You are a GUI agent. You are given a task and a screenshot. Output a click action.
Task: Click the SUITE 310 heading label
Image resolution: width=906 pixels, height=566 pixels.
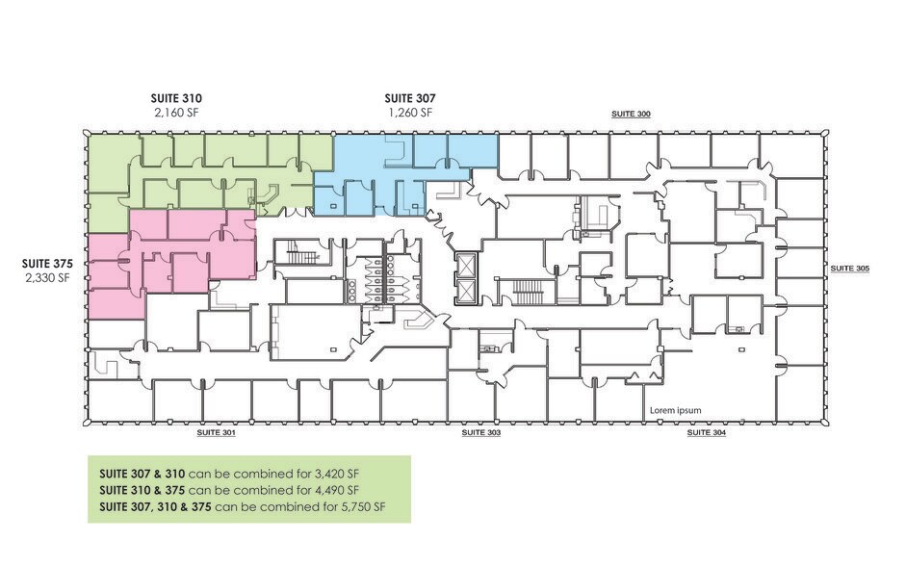(176, 98)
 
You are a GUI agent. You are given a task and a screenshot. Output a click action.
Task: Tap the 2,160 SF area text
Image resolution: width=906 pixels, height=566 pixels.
(176, 113)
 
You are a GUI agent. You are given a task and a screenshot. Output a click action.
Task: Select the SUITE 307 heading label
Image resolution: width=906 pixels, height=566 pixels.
(409, 98)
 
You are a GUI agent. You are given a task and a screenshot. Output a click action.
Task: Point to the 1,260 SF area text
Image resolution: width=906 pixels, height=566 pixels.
(409, 113)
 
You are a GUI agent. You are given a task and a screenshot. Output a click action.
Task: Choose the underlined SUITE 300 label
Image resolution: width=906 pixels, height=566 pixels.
(631, 115)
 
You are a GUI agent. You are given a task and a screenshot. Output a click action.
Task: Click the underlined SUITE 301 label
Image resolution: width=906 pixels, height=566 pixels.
(216, 433)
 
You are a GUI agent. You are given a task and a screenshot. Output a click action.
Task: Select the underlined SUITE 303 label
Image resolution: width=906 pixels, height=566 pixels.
(480, 433)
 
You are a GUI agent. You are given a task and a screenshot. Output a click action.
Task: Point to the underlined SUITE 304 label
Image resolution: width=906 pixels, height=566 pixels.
(706, 433)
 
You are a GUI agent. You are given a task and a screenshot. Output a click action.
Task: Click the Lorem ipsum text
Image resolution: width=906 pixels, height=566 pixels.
(675, 410)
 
